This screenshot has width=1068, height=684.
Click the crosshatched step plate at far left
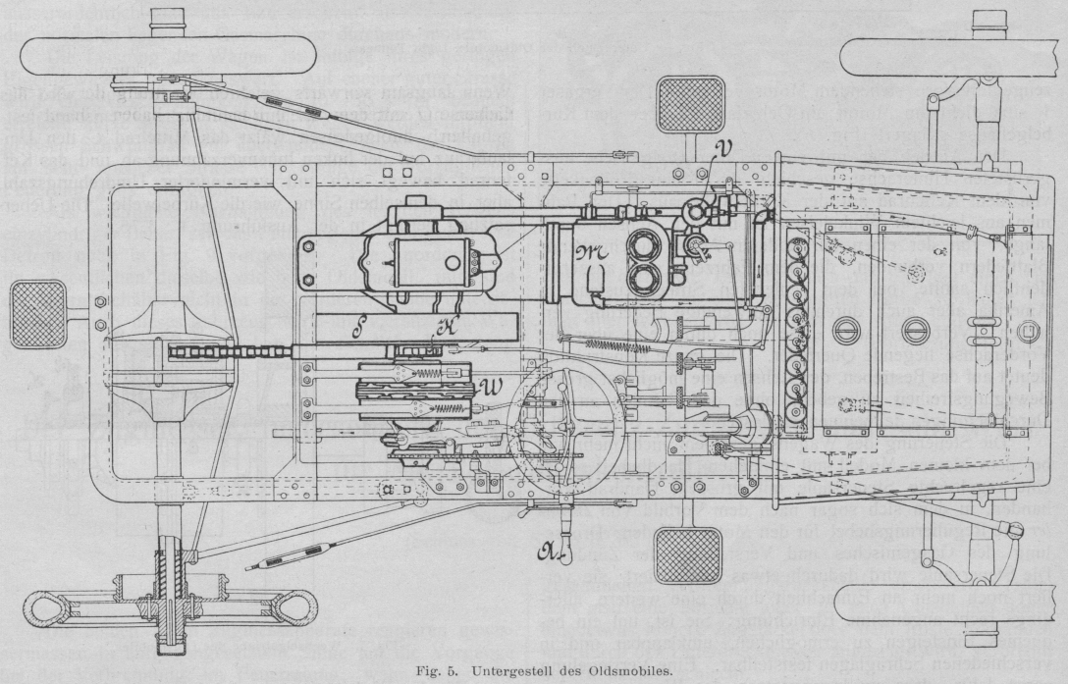click(x=38, y=314)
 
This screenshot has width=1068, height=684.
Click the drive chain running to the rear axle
click(x=255, y=349)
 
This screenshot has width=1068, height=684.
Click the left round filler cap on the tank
click(x=846, y=332)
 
